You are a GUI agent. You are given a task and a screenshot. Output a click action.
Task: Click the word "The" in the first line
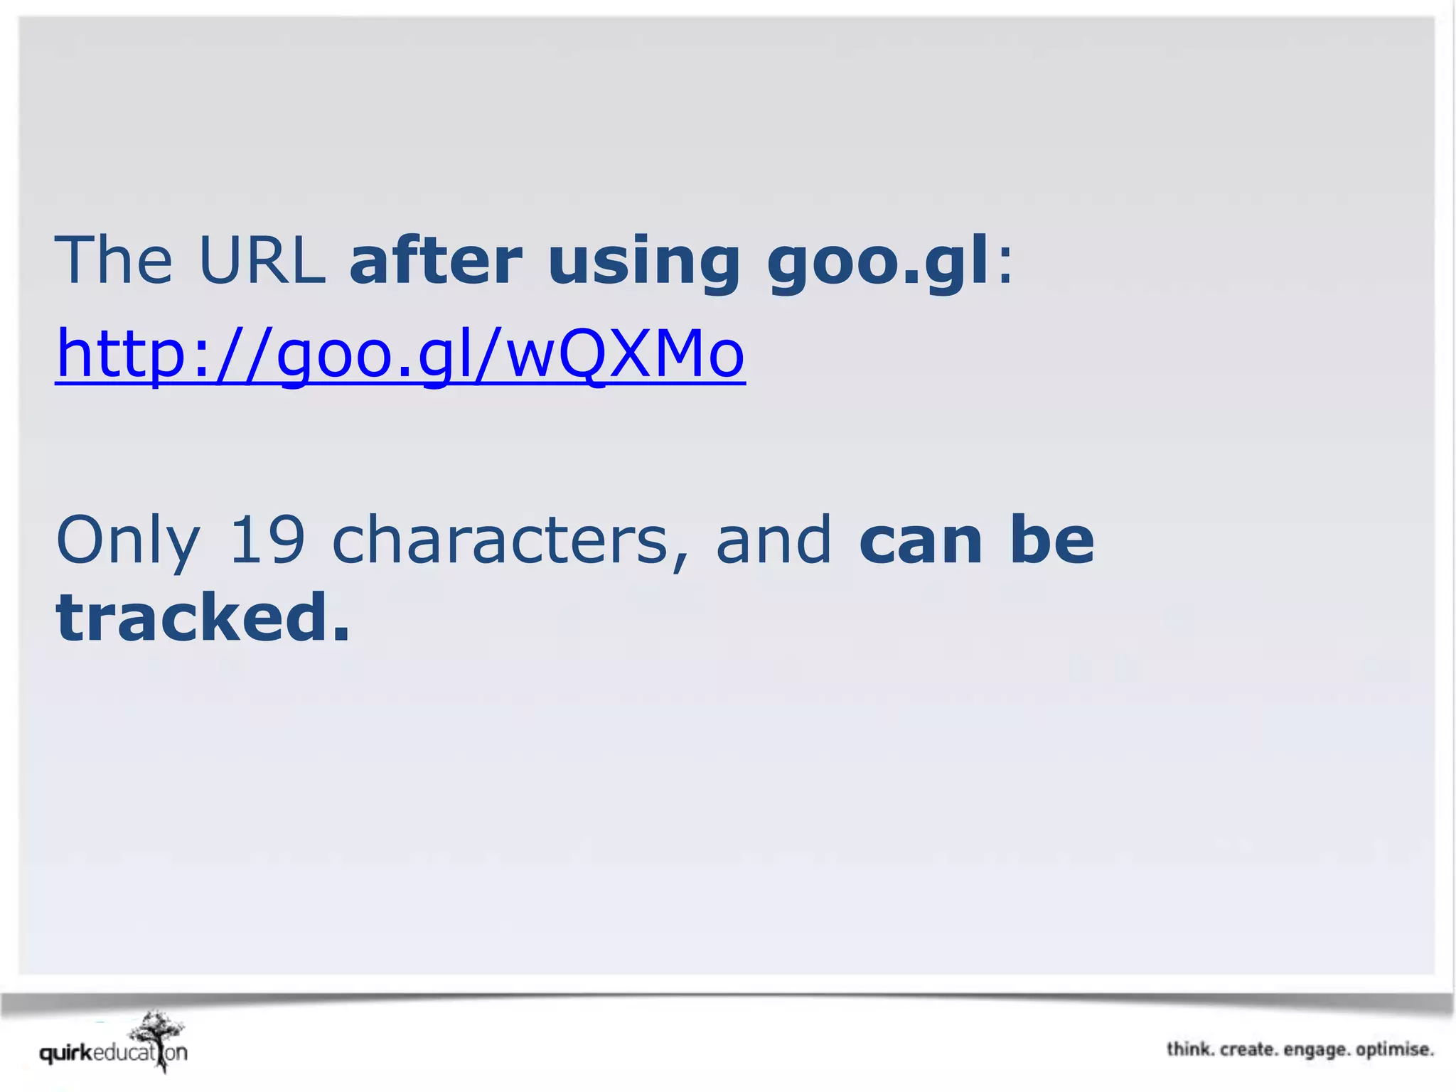pyautogui.click(x=114, y=260)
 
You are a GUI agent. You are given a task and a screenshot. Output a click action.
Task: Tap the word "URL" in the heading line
pyautogui.click(x=262, y=260)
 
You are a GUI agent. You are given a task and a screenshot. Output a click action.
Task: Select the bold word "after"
pyautogui.click(x=436, y=260)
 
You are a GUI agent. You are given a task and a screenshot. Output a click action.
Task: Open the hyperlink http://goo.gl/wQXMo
pyautogui.click(x=400, y=354)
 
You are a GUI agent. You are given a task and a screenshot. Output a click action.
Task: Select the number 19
pyautogui.click(x=267, y=540)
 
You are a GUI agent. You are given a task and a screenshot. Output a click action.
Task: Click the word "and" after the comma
pyautogui.click(x=773, y=540)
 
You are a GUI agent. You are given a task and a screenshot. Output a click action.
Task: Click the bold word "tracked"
pyautogui.click(x=193, y=617)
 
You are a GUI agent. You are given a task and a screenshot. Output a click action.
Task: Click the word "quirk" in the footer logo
pyautogui.click(x=65, y=1054)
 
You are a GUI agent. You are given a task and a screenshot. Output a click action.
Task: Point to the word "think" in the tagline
pyautogui.click(x=1189, y=1049)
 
